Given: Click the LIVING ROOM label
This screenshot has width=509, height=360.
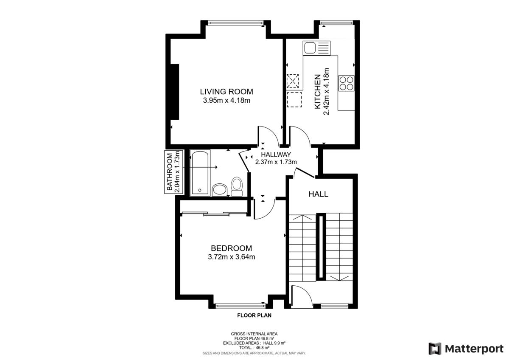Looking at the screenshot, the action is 227,92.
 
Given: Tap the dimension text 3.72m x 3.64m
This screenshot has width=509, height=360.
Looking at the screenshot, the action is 231,257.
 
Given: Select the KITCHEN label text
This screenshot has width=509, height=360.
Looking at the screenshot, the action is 317,92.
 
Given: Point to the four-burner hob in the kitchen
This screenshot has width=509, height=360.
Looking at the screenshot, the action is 346,83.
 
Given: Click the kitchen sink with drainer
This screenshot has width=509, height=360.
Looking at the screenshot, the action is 316,48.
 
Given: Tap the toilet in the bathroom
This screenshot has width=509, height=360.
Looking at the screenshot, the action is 237,186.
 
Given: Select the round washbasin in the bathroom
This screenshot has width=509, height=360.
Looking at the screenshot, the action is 220,190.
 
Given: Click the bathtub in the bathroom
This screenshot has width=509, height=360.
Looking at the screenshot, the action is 200,172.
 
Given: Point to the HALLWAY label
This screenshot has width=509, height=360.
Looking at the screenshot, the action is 276,155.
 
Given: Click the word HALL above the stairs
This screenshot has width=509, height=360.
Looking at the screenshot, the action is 319,194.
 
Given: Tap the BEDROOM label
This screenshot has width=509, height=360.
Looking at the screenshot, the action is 231,248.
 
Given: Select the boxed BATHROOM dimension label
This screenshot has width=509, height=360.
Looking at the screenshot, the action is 173,172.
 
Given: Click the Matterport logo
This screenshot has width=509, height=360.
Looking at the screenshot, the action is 466,349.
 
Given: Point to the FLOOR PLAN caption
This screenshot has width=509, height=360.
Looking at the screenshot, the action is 254,315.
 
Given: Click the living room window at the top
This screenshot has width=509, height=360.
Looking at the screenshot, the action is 236,23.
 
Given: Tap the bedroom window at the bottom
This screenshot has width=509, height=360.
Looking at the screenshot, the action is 241,306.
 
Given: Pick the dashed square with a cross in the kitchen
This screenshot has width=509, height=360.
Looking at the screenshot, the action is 293,81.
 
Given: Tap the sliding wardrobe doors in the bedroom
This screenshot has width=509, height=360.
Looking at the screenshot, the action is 214,214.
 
